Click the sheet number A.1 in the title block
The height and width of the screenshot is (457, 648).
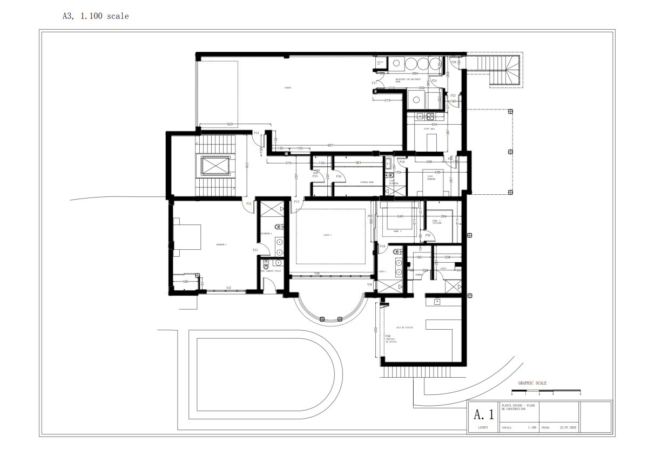point(483,414)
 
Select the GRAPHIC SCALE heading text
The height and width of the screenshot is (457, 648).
point(532,383)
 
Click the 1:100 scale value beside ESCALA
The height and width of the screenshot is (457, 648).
point(532,427)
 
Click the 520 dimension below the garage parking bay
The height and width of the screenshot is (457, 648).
point(230,125)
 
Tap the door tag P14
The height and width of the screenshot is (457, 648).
point(256,133)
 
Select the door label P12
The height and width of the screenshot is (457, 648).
point(249,203)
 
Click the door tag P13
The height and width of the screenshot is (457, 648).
point(296,202)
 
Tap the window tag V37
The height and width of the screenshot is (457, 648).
point(228,288)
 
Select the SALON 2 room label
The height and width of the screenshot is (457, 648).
point(327,235)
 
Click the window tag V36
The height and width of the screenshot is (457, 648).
point(317,274)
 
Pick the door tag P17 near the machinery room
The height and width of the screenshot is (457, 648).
point(374,83)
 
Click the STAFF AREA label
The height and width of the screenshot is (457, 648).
point(429,129)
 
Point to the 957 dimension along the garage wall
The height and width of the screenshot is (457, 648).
point(330,146)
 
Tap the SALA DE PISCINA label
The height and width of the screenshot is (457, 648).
point(404,328)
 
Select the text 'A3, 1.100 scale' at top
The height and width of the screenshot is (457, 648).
point(96,16)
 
